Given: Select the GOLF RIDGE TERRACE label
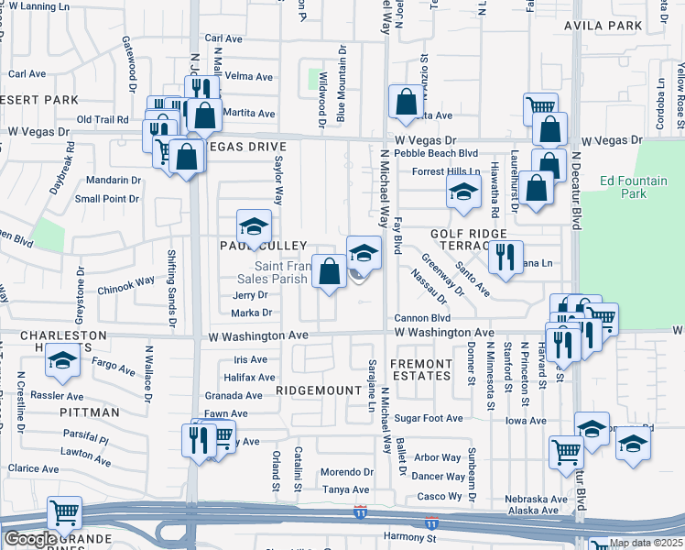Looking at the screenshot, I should (468, 241).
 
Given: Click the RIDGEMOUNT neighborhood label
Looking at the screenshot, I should (318, 390).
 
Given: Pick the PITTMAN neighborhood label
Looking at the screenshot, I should (90, 412).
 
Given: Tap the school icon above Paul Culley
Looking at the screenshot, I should (255, 225).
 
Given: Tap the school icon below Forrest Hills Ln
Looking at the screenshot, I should (463, 192).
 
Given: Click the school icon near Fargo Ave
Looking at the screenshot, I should (62, 364).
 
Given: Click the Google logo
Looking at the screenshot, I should (29, 539).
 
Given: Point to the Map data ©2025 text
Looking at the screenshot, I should (646, 543).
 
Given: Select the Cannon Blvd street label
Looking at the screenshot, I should (421, 318).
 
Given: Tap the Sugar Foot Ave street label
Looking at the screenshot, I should (429, 418).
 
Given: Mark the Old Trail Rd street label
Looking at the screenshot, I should (103, 119).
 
